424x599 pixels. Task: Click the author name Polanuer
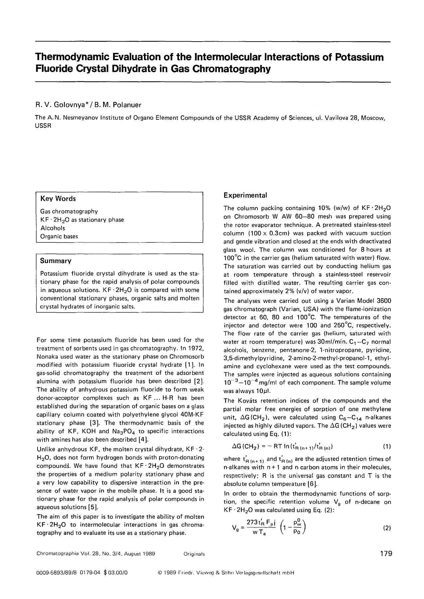pyautogui.click(x=127, y=105)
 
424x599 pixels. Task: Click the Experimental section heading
pyautogui.click(x=245, y=195)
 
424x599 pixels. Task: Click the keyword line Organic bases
pyautogui.click(x=59, y=236)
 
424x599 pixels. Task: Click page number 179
pyautogui.click(x=385, y=554)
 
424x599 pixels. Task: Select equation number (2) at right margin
pyautogui.click(x=387, y=528)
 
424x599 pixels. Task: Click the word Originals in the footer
pyautogui.click(x=194, y=554)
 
